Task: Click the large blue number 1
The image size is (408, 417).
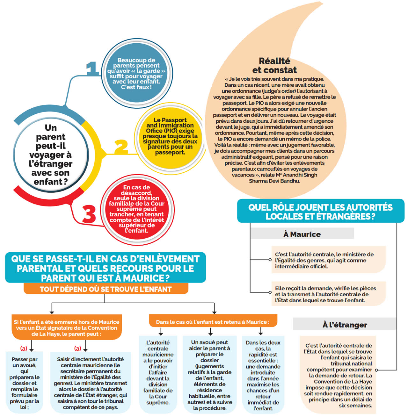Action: (92, 68)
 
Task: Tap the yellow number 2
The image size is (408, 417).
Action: (121, 147)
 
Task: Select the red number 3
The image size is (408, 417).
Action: (89, 214)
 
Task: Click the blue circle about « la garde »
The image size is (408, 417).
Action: (137, 74)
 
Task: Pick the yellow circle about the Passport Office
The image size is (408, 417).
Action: (170, 136)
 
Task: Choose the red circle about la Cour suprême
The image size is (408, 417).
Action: (137, 209)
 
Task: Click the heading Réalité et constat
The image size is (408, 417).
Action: (274, 66)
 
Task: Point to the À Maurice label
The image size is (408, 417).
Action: (302, 234)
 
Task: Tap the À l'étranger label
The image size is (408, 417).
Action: (345, 325)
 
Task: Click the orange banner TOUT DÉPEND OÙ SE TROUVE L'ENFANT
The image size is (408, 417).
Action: (106, 289)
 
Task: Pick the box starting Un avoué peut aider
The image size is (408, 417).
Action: (209, 375)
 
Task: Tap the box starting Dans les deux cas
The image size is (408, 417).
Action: (263, 375)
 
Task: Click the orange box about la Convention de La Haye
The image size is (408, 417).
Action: (67, 328)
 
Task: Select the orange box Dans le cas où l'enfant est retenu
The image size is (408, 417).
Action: (213, 322)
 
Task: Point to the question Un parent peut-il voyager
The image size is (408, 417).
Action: (51, 155)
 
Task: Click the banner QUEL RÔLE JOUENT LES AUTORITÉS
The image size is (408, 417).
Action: (320, 212)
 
